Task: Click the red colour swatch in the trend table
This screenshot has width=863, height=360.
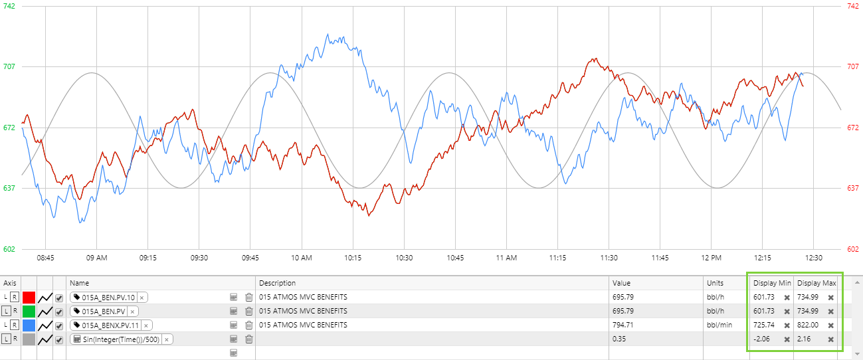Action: (29, 298)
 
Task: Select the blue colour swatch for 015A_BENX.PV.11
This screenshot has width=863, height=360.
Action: (29, 325)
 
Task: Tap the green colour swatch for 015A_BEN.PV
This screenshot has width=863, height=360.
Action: (29, 312)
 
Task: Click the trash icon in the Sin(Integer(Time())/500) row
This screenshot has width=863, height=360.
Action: (249, 339)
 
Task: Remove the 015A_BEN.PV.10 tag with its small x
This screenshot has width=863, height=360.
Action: (142, 298)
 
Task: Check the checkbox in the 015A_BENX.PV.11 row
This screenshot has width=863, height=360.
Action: (59, 325)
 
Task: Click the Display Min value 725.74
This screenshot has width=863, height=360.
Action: (764, 325)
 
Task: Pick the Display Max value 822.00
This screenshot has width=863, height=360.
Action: (808, 325)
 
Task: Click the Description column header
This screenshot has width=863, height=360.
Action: (277, 283)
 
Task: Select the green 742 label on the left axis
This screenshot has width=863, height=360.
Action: (9, 5)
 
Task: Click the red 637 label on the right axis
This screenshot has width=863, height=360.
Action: (854, 188)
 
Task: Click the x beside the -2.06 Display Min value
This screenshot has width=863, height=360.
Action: (787, 339)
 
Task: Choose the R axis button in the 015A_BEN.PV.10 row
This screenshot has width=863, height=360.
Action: (15, 298)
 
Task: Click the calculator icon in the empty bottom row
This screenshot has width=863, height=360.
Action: (234, 353)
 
